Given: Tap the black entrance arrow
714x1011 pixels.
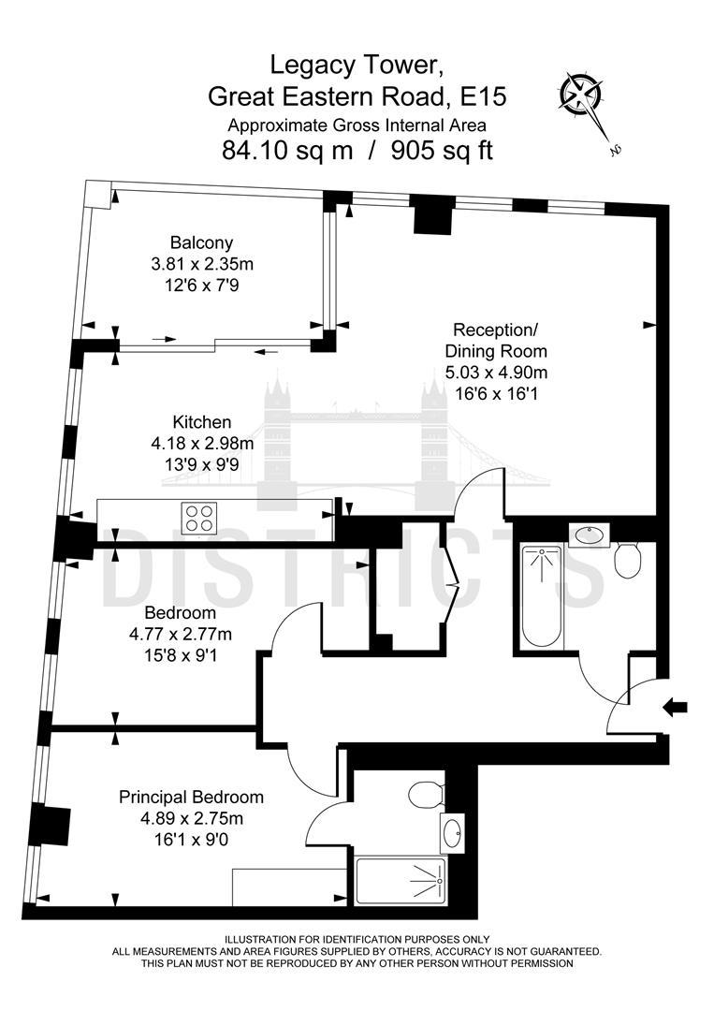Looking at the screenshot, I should click(x=675, y=707).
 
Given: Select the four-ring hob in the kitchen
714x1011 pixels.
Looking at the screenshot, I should click(x=199, y=518).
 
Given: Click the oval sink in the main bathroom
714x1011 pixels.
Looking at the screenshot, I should click(x=590, y=535).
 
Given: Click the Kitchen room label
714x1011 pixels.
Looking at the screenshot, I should click(x=201, y=422).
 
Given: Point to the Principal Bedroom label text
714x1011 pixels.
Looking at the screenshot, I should click(x=191, y=798).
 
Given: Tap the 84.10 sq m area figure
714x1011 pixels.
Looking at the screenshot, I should click(x=287, y=150).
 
